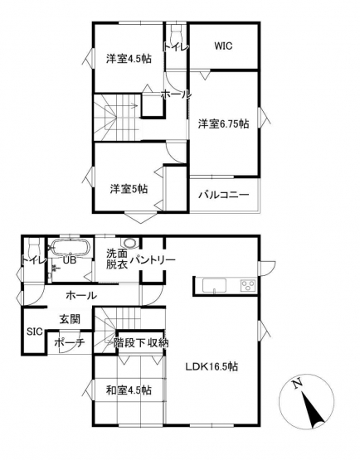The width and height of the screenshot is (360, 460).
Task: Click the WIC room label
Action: [x=223, y=46]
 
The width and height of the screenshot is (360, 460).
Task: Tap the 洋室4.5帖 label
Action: [x=129, y=59]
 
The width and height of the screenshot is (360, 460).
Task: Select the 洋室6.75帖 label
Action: [x=223, y=123]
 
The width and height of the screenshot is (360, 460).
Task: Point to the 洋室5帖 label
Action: [x=129, y=189]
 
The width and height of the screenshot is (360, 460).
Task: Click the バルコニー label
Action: [x=224, y=195]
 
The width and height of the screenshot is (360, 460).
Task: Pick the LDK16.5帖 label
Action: [x=212, y=366]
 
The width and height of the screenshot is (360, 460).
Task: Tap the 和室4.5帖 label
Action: [x=129, y=390]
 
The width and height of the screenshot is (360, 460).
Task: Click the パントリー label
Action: [x=153, y=259]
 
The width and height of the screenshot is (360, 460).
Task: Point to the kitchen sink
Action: [x=214, y=285]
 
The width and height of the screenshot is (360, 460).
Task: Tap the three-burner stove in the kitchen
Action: [x=248, y=285]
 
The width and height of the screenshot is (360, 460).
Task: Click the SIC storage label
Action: [x=35, y=332]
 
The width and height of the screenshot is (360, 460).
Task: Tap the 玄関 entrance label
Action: [x=71, y=319]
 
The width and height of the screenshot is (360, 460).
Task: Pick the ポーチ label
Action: [x=70, y=342]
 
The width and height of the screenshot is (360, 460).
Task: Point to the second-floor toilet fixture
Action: [x=176, y=33]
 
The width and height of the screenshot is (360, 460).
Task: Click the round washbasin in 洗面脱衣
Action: [x=129, y=243]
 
